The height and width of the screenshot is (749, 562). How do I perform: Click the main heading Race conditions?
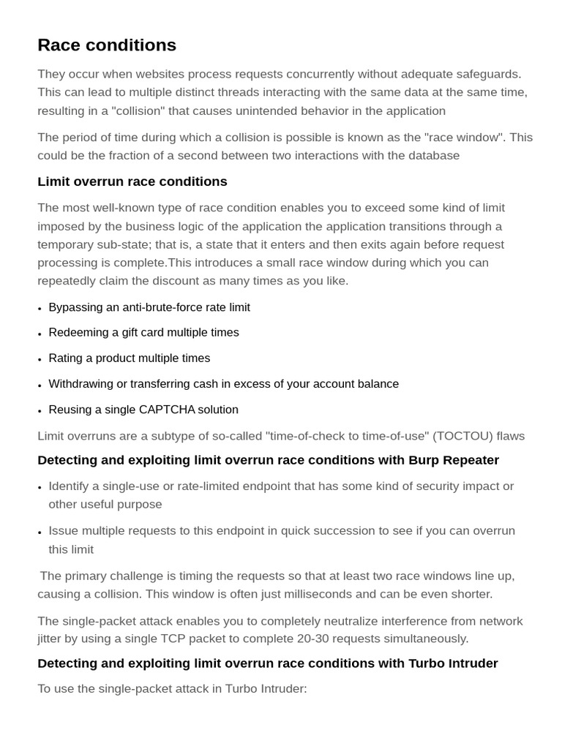(x=107, y=45)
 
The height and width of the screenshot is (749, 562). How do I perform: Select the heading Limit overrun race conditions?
(x=132, y=181)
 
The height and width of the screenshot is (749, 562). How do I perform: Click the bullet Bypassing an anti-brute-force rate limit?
(x=149, y=307)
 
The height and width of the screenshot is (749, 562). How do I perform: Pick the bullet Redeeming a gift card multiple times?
(x=143, y=333)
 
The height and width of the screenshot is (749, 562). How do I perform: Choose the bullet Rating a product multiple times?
(x=130, y=358)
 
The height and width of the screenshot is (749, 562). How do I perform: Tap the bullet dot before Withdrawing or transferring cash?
(x=40, y=385)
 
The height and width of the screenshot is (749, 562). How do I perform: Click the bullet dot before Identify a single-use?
(x=40, y=487)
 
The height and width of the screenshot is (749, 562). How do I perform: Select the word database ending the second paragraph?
(x=432, y=155)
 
